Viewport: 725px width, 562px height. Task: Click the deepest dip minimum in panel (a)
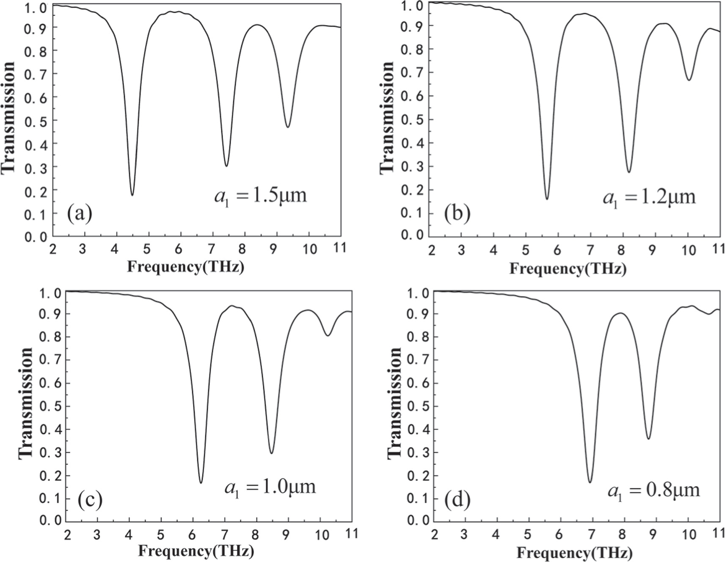point(132,195)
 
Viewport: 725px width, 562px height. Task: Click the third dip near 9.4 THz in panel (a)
point(288,127)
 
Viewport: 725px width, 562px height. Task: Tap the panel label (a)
point(79,213)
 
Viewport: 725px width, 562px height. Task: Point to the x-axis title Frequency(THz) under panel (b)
point(567,268)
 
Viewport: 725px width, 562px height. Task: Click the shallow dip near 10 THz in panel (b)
point(689,80)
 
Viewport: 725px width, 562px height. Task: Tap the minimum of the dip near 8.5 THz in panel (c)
point(271,453)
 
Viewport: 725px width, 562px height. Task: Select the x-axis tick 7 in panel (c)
point(224,534)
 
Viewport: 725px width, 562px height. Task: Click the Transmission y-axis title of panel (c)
point(26,403)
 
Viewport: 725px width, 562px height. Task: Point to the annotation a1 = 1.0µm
point(270,487)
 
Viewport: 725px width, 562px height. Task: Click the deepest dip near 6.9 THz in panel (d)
point(590,482)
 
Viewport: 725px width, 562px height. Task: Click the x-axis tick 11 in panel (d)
point(718,533)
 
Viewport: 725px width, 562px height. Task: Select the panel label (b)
point(457,213)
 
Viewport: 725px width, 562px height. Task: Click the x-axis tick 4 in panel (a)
point(114,249)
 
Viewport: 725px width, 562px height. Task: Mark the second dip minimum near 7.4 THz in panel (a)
point(226,165)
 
